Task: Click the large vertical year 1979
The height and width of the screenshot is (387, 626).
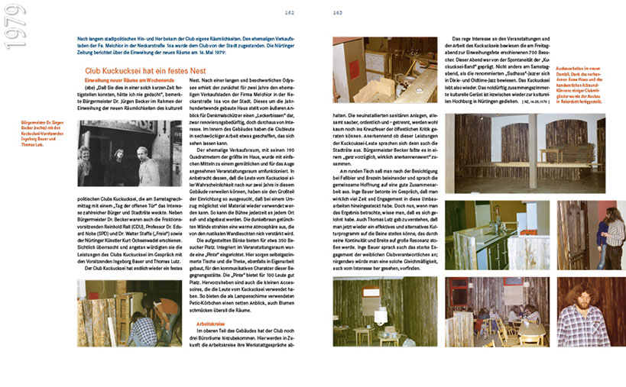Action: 17,31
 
